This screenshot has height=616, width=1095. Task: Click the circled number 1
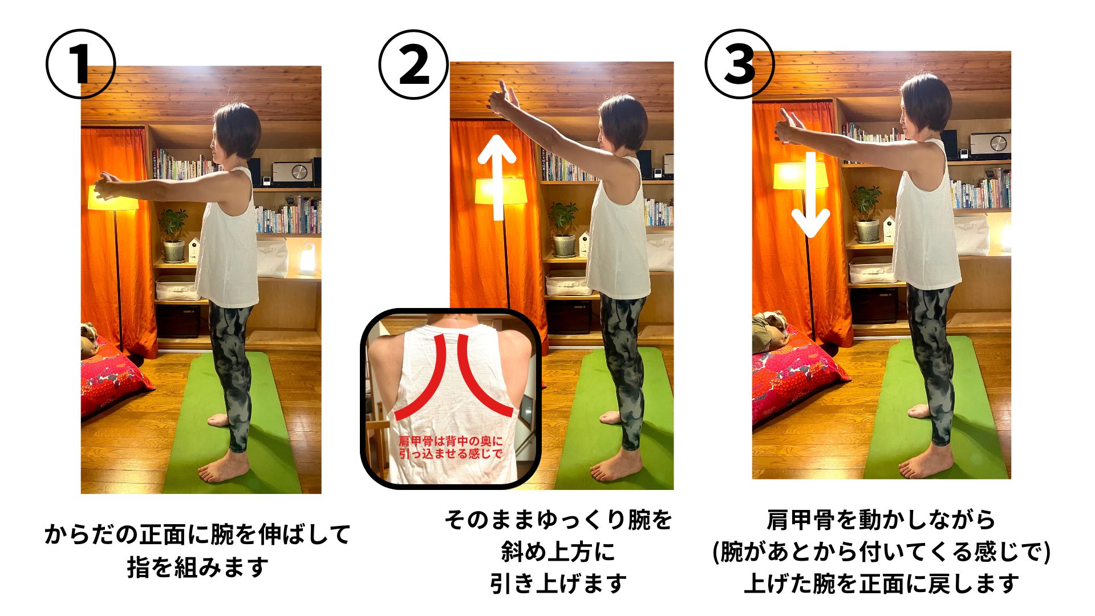point(80,64)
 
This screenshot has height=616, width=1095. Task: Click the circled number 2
point(414,64)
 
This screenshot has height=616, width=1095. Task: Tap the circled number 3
point(740,64)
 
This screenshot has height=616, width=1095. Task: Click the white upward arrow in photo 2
point(497,177)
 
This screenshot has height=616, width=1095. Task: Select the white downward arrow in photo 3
point(810,194)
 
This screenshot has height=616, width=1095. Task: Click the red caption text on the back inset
point(451,447)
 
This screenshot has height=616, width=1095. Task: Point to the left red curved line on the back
point(421,378)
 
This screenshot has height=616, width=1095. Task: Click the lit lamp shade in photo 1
point(113,196)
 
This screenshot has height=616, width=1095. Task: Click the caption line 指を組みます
point(197,567)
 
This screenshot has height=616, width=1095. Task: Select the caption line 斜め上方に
point(558,552)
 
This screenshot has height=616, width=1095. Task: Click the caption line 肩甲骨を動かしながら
point(881,520)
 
